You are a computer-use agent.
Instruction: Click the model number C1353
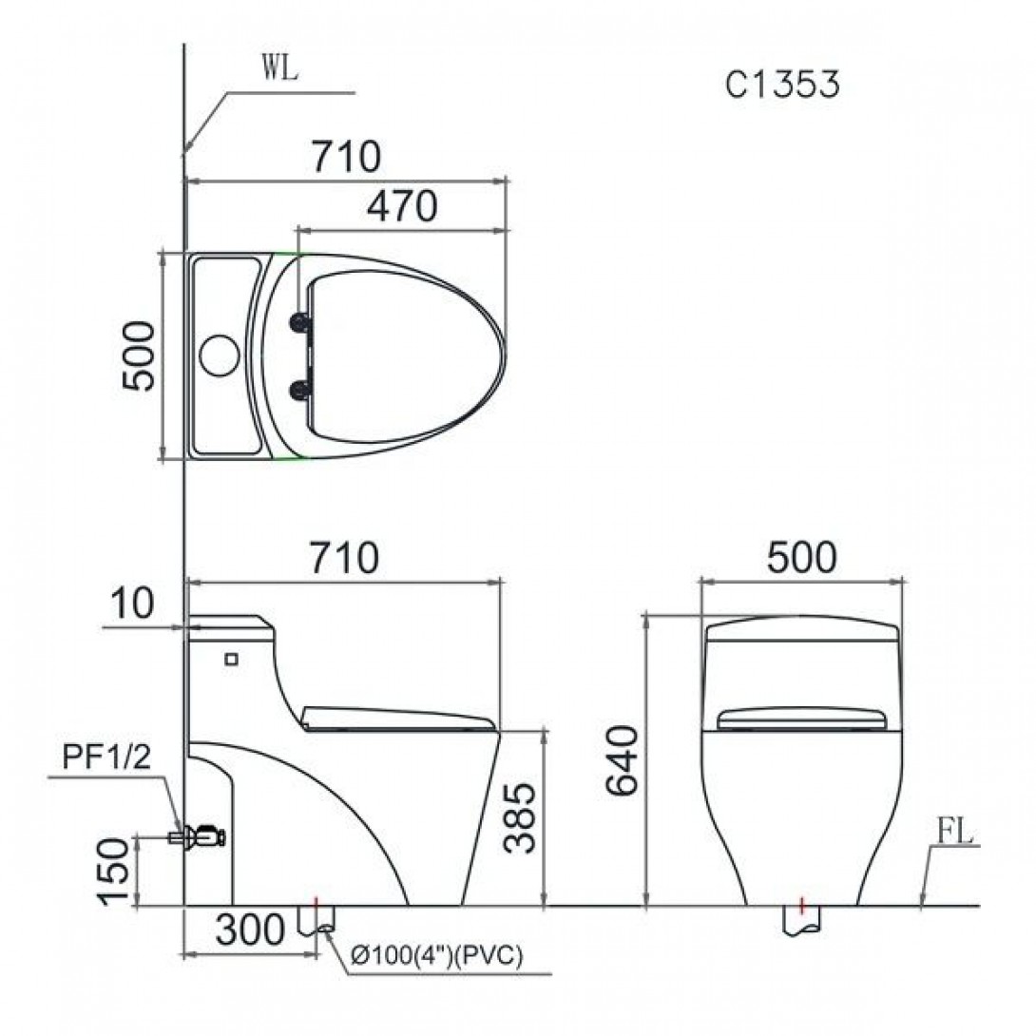point(782,85)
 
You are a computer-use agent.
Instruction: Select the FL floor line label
point(953,833)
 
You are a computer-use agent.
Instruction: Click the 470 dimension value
point(401,206)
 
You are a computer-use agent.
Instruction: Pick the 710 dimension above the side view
point(339,558)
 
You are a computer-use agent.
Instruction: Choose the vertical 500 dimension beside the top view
point(139,355)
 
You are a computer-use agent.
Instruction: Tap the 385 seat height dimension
point(522,818)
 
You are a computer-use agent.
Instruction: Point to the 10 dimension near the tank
point(131,605)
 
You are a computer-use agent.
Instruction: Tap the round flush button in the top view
point(219,355)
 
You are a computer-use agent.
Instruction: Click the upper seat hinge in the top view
point(302,323)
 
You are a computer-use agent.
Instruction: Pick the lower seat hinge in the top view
point(302,388)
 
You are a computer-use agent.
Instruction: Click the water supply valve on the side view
point(201,837)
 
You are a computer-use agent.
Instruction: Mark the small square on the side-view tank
point(231,657)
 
